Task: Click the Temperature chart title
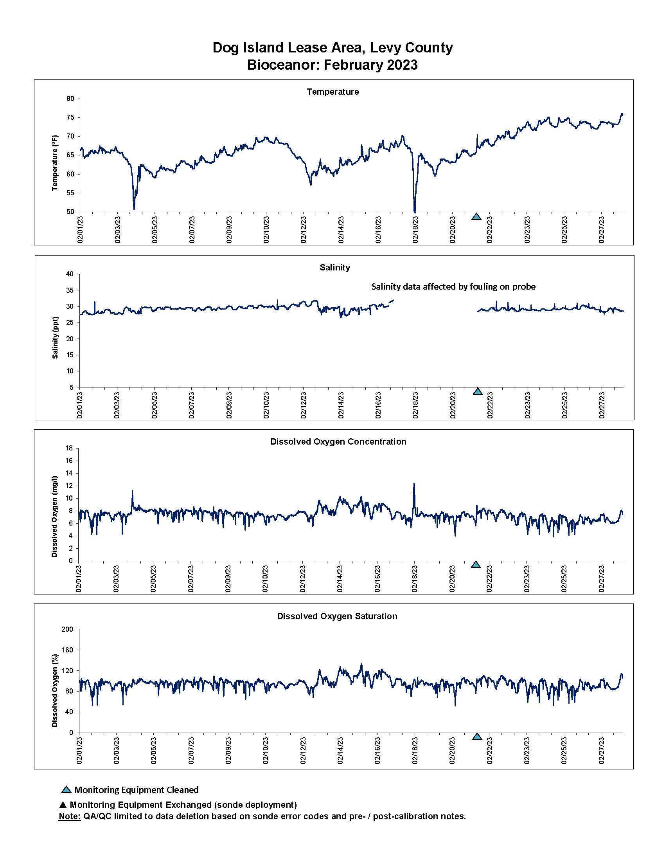[x=332, y=92]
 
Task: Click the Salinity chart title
[x=334, y=267]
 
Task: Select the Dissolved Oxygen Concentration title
[x=338, y=441]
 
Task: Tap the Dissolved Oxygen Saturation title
[x=337, y=616]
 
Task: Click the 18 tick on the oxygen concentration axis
[x=69, y=448]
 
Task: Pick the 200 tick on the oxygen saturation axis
[x=67, y=629]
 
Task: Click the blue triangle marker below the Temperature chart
[x=476, y=216]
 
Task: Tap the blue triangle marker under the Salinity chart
[x=478, y=391]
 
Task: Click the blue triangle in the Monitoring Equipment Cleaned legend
[x=66, y=790]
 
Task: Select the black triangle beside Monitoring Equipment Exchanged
[x=63, y=805]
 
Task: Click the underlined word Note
[x=69, y=816]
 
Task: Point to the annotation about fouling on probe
[x=453, y=286]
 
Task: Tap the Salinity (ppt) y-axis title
[x=55, y=337]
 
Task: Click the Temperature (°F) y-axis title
[x=55, y=163]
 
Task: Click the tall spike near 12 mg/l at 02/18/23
[x=414, y=485]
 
